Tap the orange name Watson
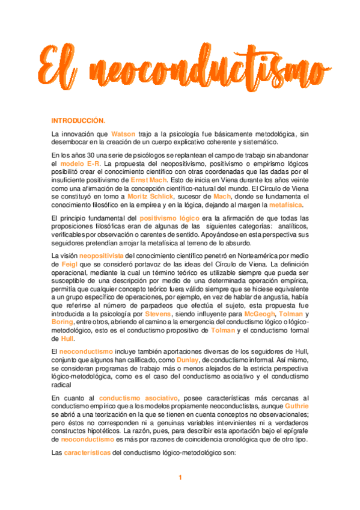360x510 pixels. pos(123,134)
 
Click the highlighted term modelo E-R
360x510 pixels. pos(80,163)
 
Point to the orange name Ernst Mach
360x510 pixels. pos(148,179)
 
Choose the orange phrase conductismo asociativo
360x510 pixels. pos(138,398)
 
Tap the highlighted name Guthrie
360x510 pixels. pos(294,406)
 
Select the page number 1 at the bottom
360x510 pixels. pos(180,478)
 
